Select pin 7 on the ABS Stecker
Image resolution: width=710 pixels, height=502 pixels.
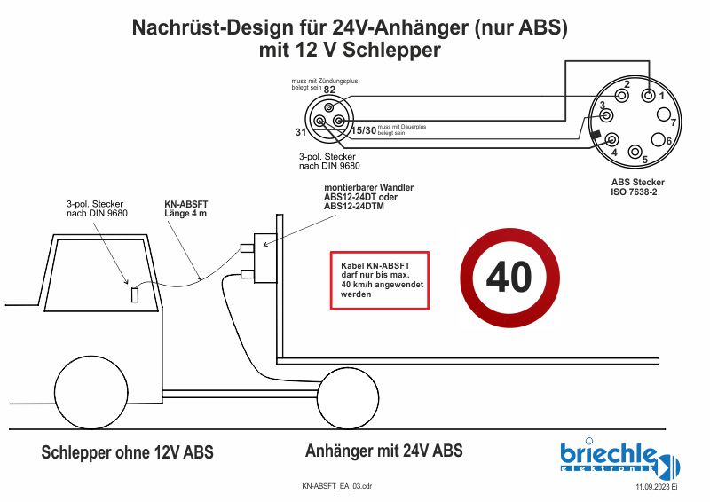(663, 114)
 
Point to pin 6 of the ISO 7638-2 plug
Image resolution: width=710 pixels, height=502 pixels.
(658, 140)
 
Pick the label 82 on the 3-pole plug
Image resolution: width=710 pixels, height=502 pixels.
(329, 90)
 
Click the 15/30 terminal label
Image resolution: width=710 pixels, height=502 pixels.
(364, 130)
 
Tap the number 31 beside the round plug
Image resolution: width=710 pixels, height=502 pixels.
(301, 132)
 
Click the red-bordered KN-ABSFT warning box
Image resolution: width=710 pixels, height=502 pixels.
(380, 280)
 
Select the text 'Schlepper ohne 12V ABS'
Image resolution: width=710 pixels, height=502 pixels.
(128, 452)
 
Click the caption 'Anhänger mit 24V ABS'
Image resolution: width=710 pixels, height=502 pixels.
(383, 451)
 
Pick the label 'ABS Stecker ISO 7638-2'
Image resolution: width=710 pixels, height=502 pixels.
(637, 187)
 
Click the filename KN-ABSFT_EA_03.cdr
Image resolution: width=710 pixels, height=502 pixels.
(336, 487)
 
